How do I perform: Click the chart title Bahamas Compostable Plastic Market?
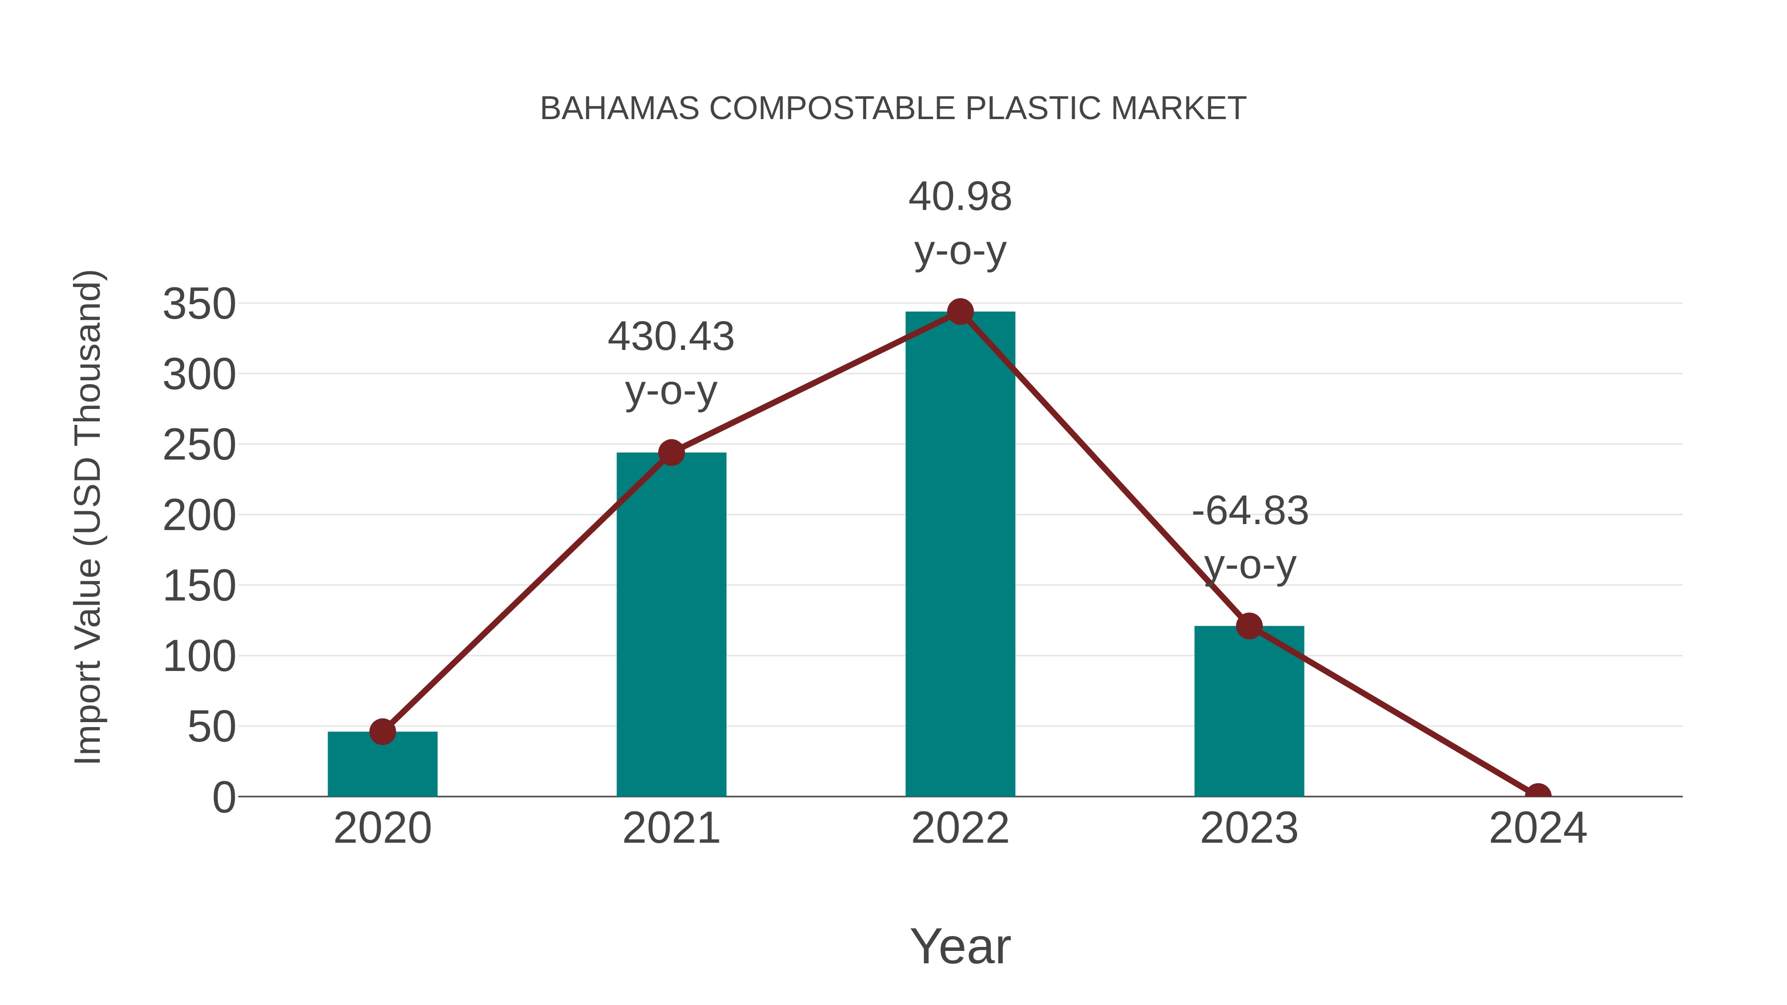(893, 109)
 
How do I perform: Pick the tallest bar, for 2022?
(960, 555)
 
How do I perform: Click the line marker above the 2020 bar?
(382, 732)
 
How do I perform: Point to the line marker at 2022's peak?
(960, 312)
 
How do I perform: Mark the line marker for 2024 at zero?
(1538, 795)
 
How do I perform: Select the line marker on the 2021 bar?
(671, 453)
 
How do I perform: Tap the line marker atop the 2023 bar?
(1249, 626)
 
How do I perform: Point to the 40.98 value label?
(960, 197)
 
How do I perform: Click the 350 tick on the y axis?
(199, 305)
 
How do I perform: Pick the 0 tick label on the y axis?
(223, 798)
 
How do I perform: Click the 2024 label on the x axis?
(1538, 829)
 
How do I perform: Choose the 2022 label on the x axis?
(960, 829)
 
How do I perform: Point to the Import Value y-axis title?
(89, 517)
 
